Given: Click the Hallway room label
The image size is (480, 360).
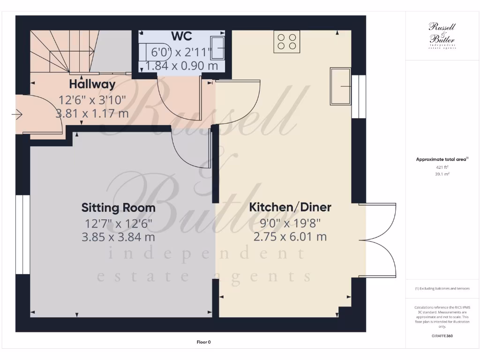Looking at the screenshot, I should [x=92, y=85].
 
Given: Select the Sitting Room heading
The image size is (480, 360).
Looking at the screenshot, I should [x=119, y=207].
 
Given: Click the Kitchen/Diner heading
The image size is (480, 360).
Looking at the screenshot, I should [x=290, y=207].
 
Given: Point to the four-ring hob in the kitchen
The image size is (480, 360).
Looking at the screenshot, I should [x=287, y=41].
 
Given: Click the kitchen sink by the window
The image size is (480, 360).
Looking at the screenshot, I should [x=340, y=86].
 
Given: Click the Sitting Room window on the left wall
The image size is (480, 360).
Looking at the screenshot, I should [x=22, y=234].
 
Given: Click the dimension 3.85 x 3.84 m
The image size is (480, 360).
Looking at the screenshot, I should [x=119, y=237].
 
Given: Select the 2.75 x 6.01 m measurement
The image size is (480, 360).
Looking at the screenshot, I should [x=290, y=237].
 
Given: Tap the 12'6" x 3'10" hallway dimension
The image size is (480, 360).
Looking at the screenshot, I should [x=92, y=100].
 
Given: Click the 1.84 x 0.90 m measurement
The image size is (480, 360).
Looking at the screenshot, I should [x=182, y=66].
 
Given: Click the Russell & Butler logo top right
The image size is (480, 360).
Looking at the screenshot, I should [x=442, y=35].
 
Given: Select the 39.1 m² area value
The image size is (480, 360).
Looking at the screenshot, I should [x=442, y=174].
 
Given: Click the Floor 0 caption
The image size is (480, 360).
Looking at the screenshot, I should [x=203, y=342].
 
